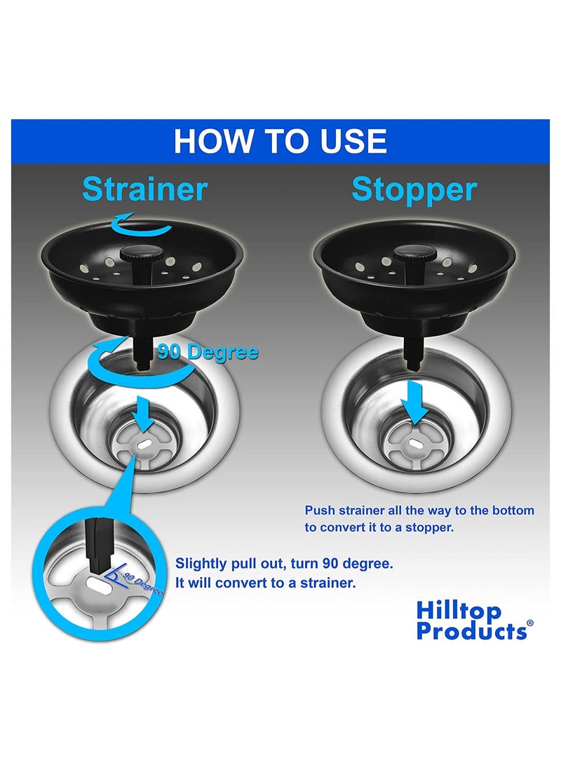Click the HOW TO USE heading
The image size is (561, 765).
pyautogui.click(x=280, y=140)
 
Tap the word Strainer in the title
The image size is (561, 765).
pyautogui.click(x=145, y=189)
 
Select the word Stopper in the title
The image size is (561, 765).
pyautogui.click(x=414, y=189)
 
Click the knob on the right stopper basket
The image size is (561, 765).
pyautogui.click(x=407, y=254)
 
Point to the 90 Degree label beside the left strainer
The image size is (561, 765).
pyautogui.click(x=207, y=352)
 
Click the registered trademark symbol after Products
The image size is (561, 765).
pyautogui.click(x=529, y=623)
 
